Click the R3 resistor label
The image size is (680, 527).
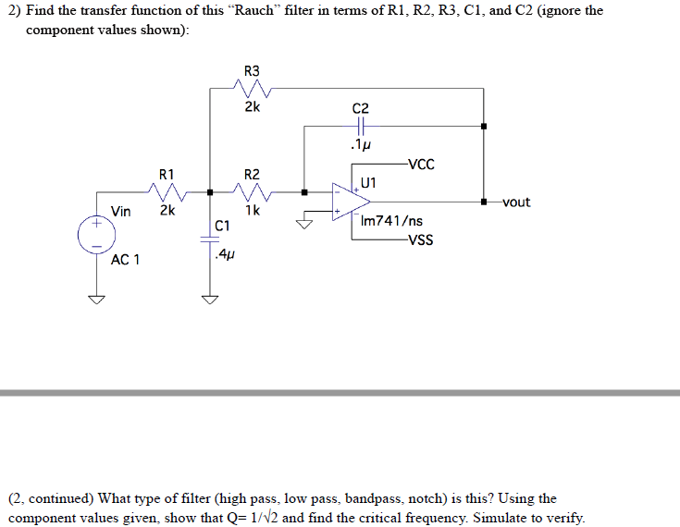[x=252, y=71]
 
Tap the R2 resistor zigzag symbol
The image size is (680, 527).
[x=253, y=192]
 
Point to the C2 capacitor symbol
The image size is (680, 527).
[x=361, y=127]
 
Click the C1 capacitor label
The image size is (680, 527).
[x=222, y=226]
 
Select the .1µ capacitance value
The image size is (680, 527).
[x=361, y=145]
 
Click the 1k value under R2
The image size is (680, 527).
[x=253, y=211]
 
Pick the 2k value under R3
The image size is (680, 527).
[x=252, y=107]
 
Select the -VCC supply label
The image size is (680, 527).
[x=418, y=165]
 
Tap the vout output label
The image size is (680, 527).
[x=515, y=202]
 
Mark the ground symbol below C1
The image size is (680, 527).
[x=210, y=298]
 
